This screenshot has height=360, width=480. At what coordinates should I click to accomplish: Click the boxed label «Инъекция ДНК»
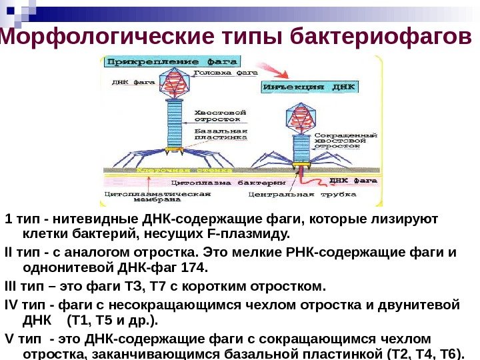311,87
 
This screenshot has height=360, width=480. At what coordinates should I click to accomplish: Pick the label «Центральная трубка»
279,196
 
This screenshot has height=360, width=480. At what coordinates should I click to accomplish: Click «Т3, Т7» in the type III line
163,286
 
